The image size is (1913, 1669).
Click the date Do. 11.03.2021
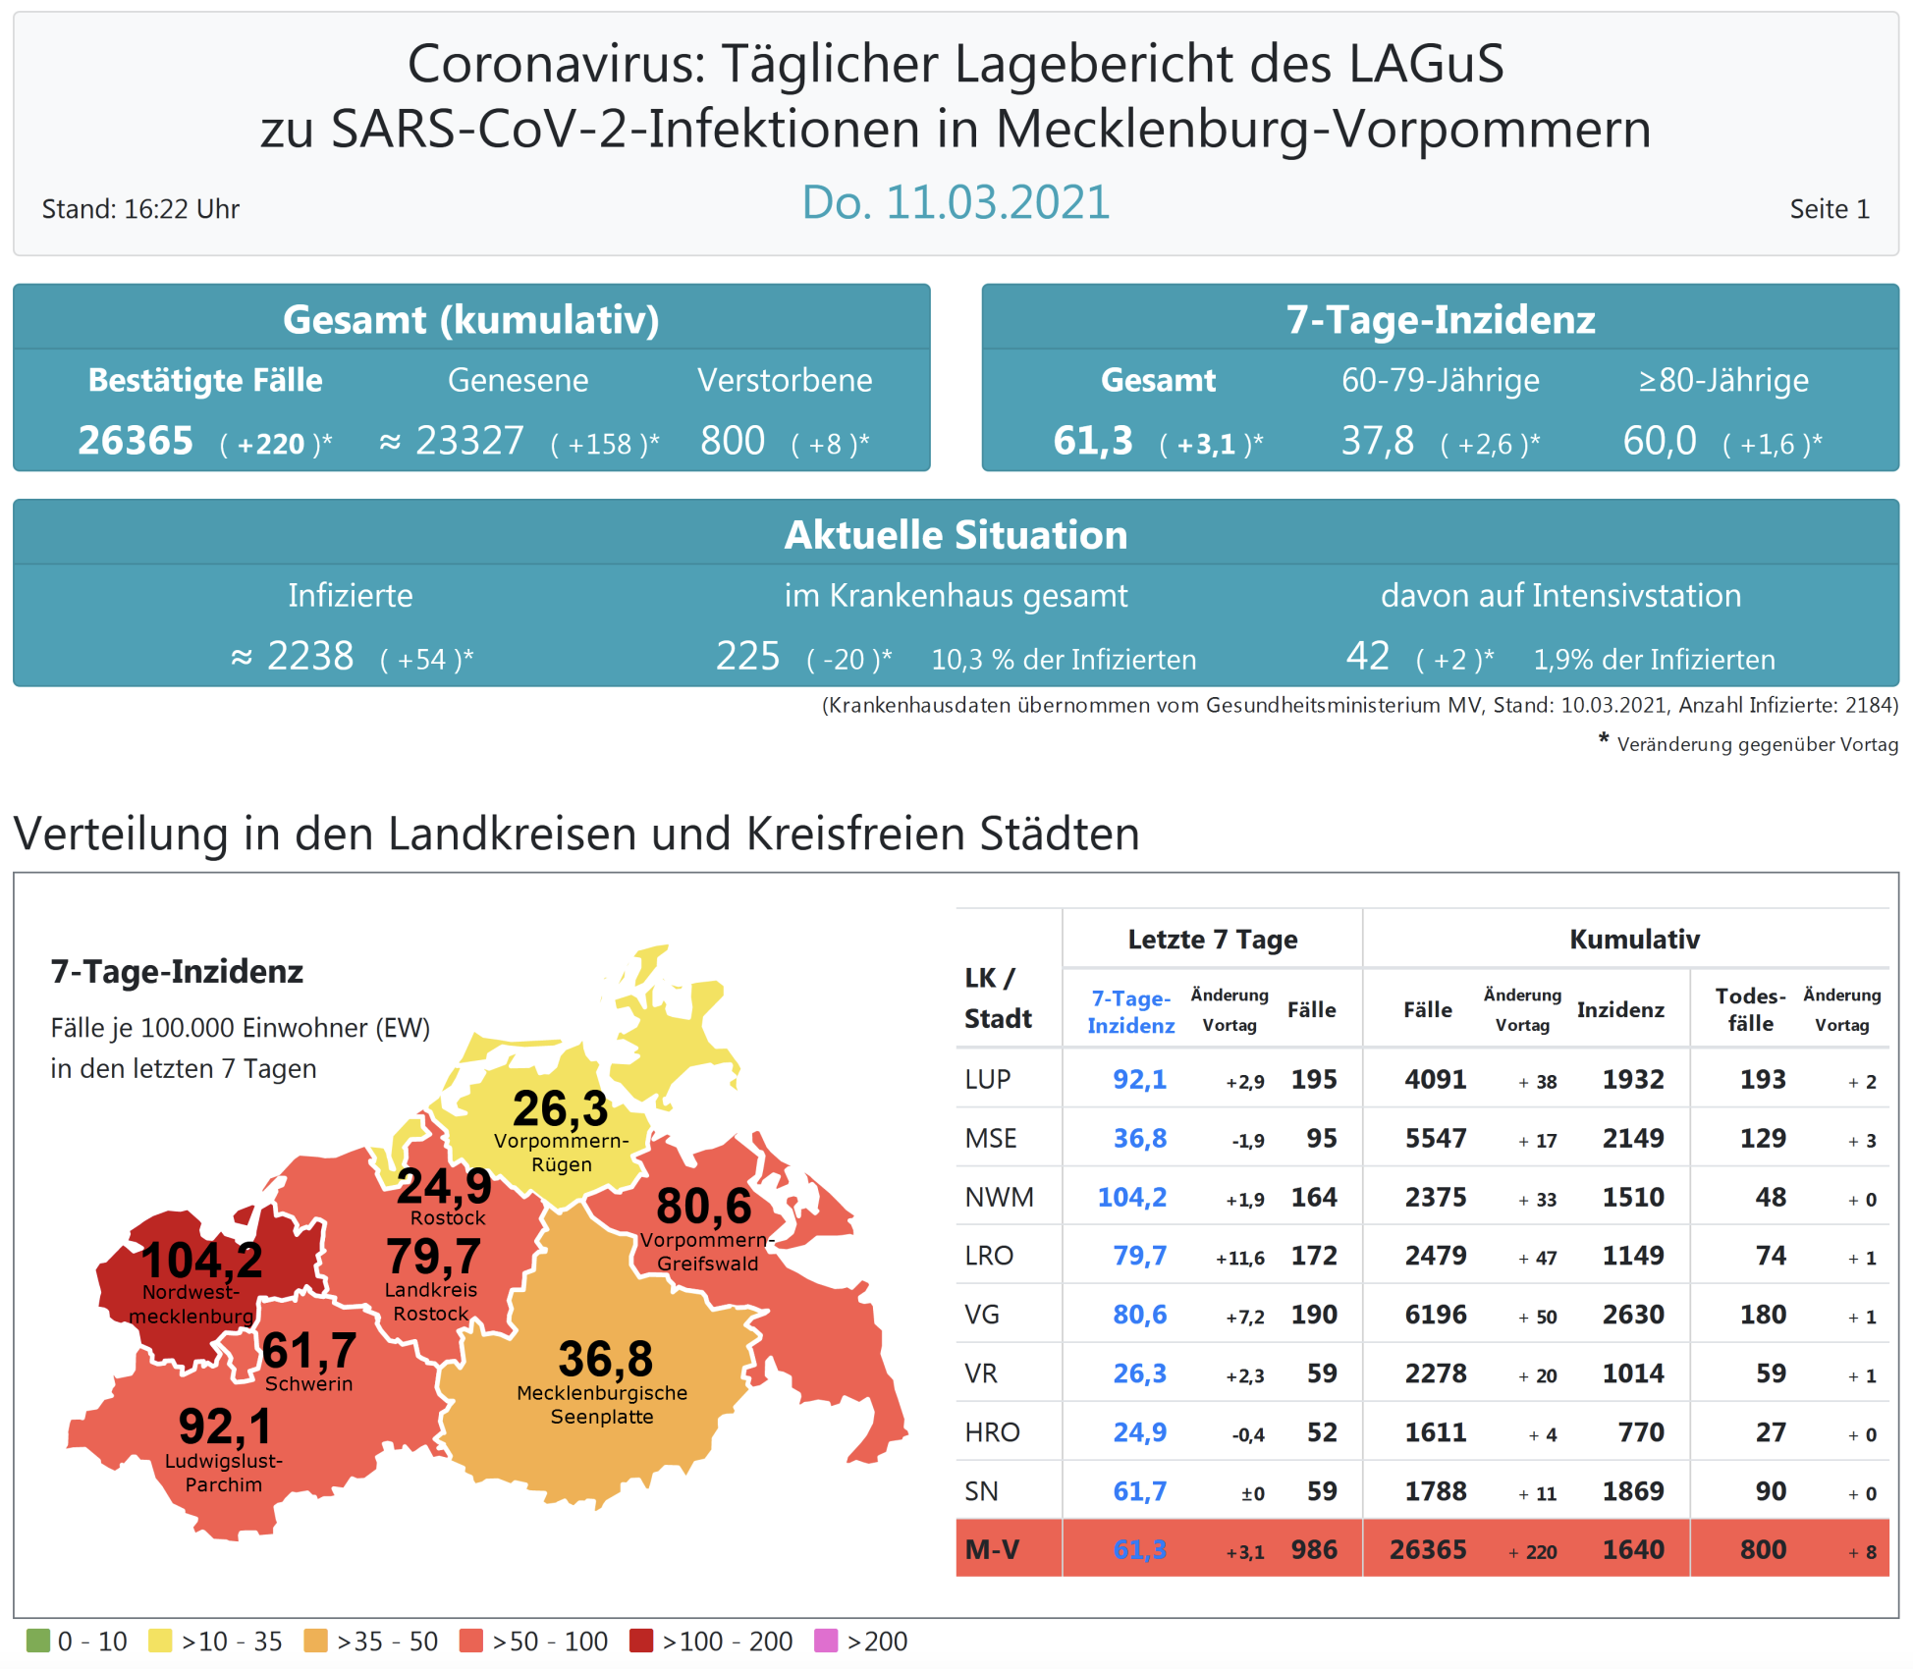955,203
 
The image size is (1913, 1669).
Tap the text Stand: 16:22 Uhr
140,209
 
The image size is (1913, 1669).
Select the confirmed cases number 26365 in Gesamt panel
136,441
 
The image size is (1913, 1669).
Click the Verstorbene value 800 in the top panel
733,441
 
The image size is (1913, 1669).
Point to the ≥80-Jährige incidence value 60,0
1659,441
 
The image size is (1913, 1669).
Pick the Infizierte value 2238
310,656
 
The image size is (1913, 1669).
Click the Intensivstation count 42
1367,656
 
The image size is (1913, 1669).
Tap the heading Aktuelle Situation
956,535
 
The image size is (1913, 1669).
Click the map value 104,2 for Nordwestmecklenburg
201,1260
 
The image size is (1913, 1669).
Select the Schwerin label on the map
308,1384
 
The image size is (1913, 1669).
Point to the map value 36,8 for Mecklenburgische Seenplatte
605,1360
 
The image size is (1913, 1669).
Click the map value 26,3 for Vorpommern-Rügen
560,1109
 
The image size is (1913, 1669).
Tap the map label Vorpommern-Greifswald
707,1252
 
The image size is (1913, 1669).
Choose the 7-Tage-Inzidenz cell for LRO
1139,1256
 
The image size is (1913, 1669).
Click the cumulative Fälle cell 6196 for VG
1435,1315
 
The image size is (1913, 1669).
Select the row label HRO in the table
992,1432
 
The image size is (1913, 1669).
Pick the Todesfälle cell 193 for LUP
1763,1080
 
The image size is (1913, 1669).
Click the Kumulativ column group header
1634,940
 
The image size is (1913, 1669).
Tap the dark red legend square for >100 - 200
641,1641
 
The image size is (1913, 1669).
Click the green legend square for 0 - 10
38,1641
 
